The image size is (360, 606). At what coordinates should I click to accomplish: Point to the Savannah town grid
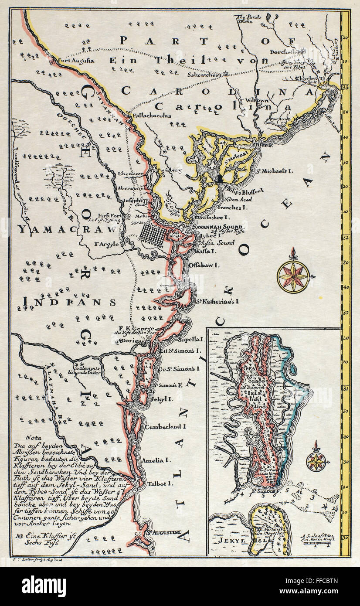[x=153, y=236]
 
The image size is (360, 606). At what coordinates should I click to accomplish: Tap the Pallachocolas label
[x=149, y=116]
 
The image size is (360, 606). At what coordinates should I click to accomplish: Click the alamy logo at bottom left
[x=44, y=586]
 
